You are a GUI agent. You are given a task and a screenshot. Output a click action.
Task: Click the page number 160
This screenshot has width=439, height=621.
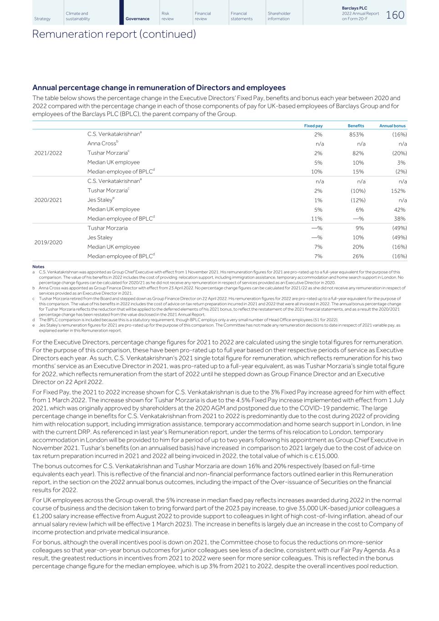click(x=395, y=15)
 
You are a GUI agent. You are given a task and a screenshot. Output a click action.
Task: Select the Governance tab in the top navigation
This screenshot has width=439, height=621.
click(x=137, y=19)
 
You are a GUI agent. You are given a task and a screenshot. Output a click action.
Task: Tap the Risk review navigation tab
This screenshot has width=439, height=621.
click(x=167, y=16)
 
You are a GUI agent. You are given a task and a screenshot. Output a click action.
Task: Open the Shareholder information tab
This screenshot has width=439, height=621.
click(x=279, y=16)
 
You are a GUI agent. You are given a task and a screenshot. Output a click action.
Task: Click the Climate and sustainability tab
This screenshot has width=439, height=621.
click(x=78, y=16)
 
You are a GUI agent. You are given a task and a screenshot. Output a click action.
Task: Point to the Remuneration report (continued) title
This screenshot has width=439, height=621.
click(x=114, y=34)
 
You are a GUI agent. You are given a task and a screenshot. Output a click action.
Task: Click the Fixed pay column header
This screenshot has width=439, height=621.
click(x=313, y=126)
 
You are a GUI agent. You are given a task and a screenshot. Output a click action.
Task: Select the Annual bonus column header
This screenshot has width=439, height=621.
click(x=392, y=126)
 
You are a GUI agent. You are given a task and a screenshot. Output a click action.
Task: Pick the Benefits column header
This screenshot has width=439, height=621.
click(x=356, y=126)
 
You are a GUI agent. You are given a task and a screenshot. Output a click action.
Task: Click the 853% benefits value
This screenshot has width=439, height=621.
click(x=357, y=135)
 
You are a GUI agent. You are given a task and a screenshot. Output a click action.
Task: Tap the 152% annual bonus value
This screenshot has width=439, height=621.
click(x=398, y=191)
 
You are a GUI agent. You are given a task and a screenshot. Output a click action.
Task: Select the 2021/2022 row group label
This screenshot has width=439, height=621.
click(x=48, y=153)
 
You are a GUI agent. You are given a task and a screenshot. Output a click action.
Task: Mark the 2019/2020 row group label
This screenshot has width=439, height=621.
click(x=48, y=242)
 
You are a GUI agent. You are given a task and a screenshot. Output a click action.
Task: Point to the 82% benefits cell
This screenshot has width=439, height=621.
click(x=358, y=153)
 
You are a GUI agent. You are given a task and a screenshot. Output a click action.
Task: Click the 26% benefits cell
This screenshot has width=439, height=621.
click(x=358, y=257)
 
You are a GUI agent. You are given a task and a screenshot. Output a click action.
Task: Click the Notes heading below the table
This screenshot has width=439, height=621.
click(x=38, y=267)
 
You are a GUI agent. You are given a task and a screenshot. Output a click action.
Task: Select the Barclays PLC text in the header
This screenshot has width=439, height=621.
click(x=354, y=8)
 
